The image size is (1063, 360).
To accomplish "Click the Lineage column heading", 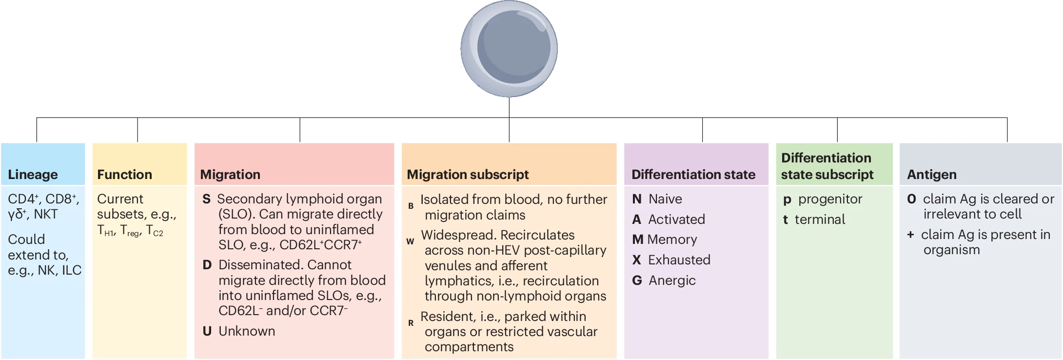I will coord(33,175).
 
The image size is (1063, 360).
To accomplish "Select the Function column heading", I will coord(124,175).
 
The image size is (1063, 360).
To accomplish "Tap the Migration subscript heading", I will coord(468,175).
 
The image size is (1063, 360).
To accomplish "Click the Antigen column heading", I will coord(931,175).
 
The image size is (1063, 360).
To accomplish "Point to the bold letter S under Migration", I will coord(206,199).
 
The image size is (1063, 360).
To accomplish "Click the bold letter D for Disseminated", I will coord(207,265).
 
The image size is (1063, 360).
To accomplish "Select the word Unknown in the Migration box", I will coord(247,331).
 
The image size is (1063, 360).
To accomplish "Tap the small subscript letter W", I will coord(410,241).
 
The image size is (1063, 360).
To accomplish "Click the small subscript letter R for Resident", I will coord(411,323).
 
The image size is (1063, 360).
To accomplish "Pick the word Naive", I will coord(665,199).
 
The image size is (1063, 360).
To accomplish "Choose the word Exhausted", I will coord(679,260).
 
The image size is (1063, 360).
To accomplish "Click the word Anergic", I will coord(672,280).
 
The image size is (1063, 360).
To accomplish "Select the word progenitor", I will coord(830,199).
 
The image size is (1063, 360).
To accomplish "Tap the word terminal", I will coord(820,220).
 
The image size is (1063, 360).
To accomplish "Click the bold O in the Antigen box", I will coord(911,199).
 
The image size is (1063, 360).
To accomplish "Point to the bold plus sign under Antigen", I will coord(910,235).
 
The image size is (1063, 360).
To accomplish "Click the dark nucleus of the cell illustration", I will coord(513,47).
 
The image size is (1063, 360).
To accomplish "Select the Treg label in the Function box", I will coord(131,231).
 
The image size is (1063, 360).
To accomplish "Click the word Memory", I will coord(672,240).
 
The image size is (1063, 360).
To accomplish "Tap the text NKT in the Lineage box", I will coord(46,214).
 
